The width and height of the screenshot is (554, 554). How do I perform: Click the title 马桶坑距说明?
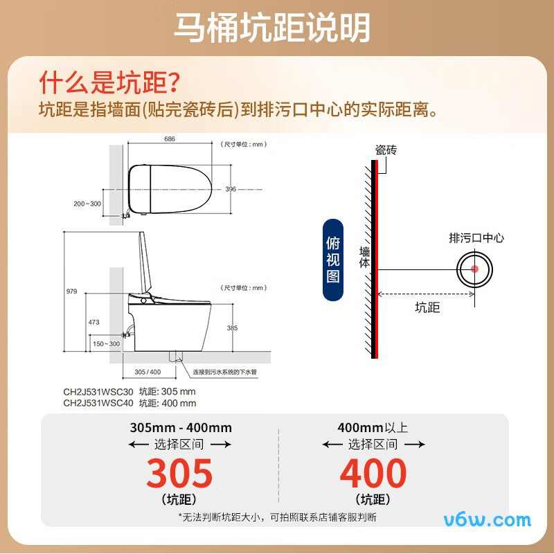[x=271, y=28]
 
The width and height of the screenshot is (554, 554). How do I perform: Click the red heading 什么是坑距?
[x=109, y=83]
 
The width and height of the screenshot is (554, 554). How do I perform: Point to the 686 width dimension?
[x=169, y=138]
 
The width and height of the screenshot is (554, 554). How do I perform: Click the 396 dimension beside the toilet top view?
[x=231, y=189]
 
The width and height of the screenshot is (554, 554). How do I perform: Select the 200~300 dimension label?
[x=87, y=204]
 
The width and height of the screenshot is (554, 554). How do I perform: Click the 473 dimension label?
[x=94, y=322]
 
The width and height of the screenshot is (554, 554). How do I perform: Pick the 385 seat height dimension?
[x=232, y=328]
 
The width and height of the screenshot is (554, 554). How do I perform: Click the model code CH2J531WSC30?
[x=98, y=392]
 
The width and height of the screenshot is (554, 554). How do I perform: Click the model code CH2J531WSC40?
[x=98, y=402]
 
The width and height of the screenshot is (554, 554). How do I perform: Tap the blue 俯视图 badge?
[x=333, y=260]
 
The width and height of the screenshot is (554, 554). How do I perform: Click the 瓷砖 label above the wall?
[x=386, y=150]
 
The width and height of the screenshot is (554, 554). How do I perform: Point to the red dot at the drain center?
[x=474, y=269]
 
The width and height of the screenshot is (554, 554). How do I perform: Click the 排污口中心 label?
[x=476, y=238]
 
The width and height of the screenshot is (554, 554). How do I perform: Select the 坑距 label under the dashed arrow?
[x=427, y=307]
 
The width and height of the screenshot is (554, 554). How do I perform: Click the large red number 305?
[x=179, y=474]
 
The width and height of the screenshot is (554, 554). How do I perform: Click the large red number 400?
[x=373, y=474]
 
